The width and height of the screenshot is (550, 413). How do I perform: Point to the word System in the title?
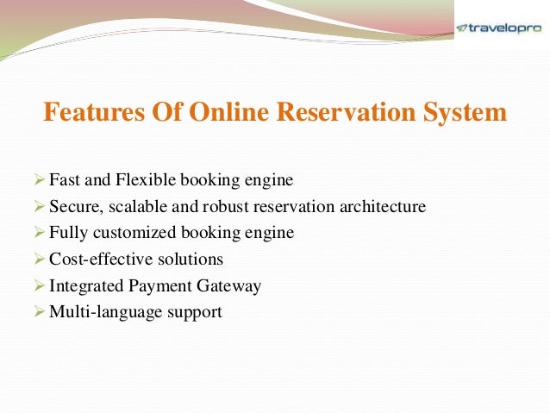[x=463, y=113]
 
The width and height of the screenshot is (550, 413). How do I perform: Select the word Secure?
[x=72, y=207]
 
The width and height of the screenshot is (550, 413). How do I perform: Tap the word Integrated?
[x=84, y=285]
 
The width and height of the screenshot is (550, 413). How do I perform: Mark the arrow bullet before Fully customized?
[x=37, y=233]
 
